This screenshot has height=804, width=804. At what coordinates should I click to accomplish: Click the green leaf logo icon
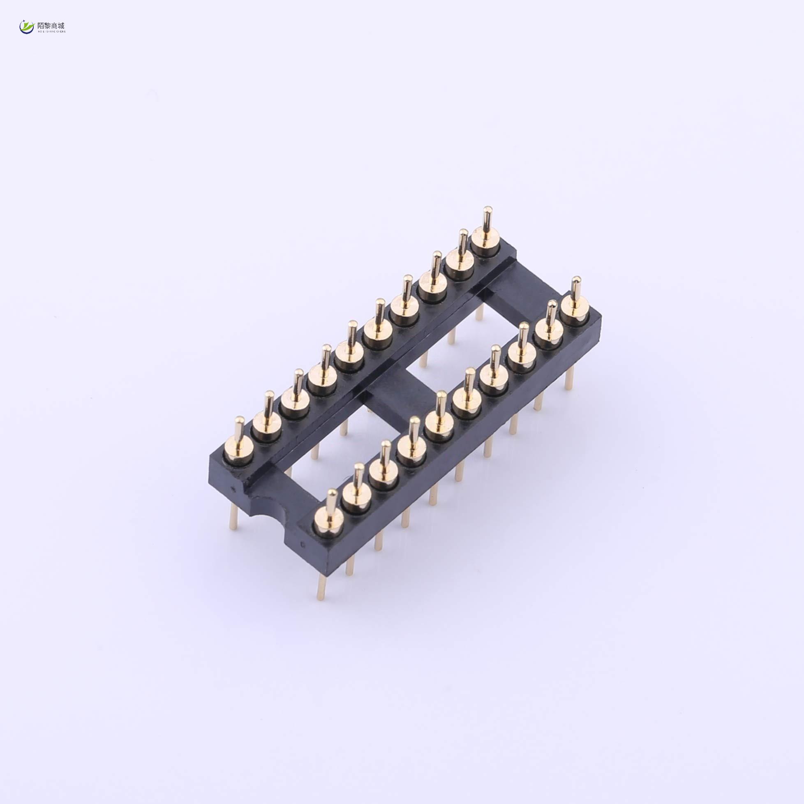pos(27,27)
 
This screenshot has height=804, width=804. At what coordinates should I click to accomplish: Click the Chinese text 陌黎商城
pos(51,25)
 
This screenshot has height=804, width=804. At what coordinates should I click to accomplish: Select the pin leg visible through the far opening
pos(479,312)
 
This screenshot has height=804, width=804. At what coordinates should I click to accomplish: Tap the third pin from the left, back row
pos(295,400)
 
